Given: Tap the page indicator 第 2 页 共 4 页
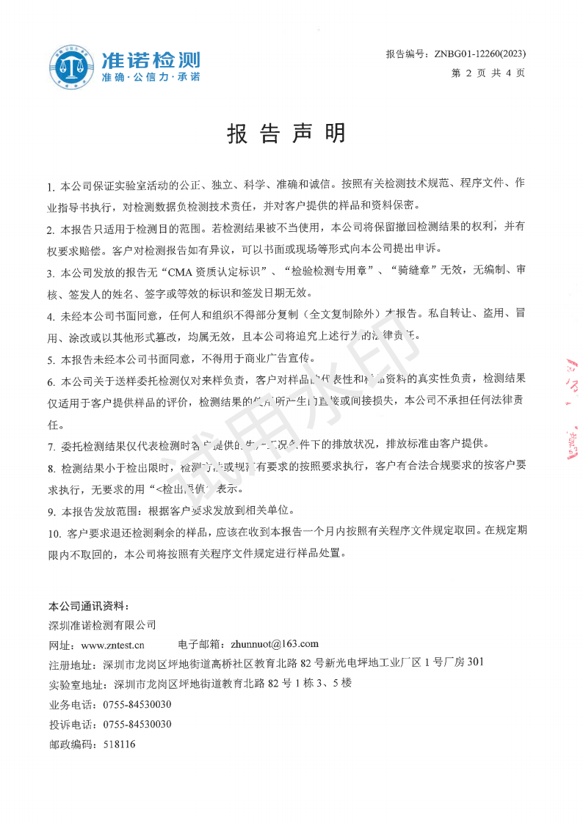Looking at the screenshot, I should [488, 73].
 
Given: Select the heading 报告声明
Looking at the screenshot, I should [286, 133].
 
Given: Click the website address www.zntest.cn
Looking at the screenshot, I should [112, 645].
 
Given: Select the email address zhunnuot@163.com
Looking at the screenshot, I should [275, 644].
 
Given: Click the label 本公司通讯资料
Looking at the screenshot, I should [88, 606].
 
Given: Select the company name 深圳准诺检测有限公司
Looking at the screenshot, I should [102, 625].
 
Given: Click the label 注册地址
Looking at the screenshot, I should [70, 665].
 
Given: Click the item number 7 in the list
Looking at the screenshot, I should [51, 446].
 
